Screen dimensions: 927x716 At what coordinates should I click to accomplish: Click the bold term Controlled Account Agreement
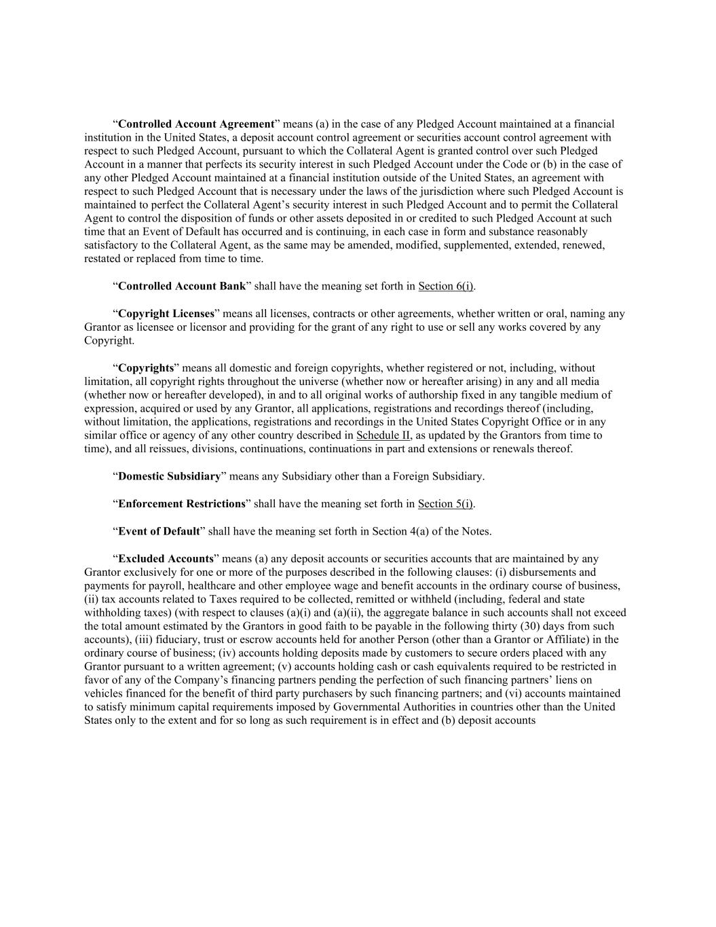(195, 124)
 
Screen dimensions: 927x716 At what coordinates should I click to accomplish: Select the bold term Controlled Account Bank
(181, 286)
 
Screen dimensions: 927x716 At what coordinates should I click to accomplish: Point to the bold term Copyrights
(146, 368)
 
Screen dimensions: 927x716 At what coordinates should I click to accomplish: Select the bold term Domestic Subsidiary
(169, 476)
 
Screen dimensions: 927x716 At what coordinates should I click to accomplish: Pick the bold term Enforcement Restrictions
(181, 504)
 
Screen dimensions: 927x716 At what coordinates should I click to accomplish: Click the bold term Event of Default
(159, 531)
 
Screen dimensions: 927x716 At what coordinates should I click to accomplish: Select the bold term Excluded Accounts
(166, 559)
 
